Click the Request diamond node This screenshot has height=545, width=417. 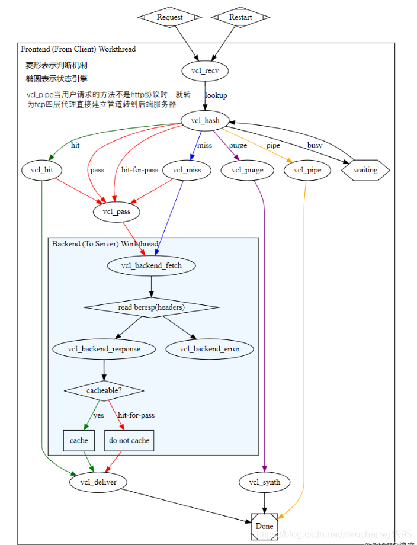[170, 17]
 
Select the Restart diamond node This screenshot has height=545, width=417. [240, 17]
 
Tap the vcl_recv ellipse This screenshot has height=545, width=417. [205, 71]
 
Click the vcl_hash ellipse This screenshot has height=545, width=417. [205, 121]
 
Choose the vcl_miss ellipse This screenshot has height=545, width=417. [187, 171]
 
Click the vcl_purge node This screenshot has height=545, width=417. [246, 171]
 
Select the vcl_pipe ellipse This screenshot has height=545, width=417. [306, 171]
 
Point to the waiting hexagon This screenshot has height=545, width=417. [365, 171]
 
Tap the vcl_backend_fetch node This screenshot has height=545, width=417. [151, 265]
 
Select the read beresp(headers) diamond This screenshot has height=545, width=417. [151, 307]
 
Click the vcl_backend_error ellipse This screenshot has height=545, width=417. [210, 349]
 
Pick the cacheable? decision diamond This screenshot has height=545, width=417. [104, 391]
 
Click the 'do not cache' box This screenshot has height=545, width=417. [129, 440]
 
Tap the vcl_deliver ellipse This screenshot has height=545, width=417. [98, 482]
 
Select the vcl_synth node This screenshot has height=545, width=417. [264, 482]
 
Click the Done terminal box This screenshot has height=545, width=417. [264, 526]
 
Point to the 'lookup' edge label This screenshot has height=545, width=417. [216, 95]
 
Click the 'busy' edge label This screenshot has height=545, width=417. [315, 145]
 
